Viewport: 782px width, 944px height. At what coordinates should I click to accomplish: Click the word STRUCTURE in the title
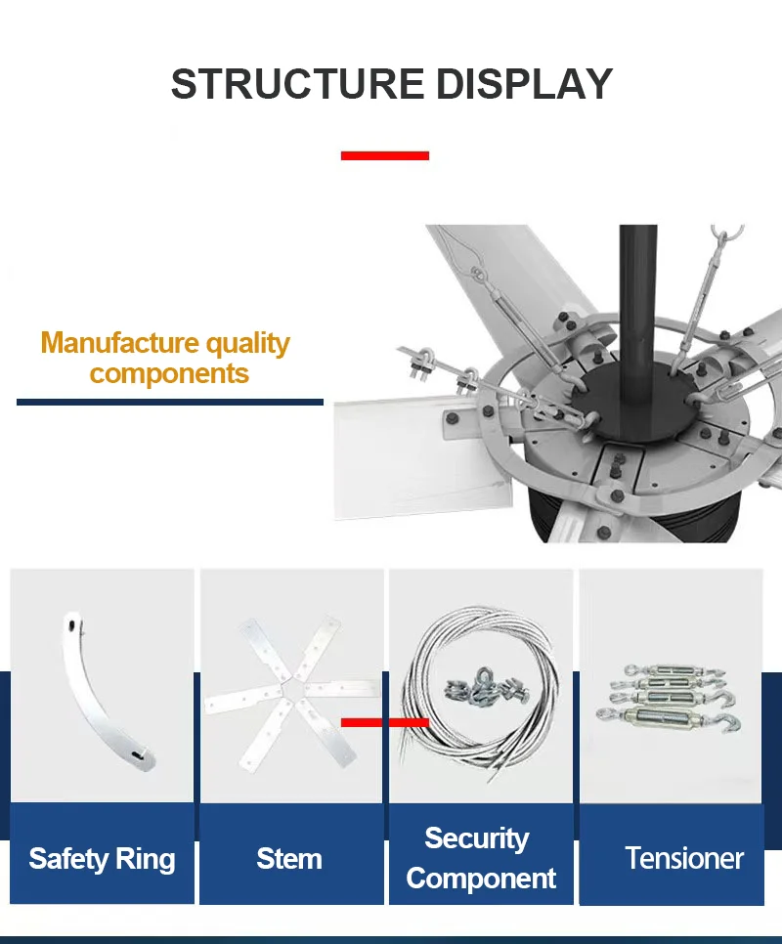coord(298,84)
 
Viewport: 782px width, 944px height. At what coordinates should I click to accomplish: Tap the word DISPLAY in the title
coord(524,84)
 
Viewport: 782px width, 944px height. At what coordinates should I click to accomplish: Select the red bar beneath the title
coord(385,155)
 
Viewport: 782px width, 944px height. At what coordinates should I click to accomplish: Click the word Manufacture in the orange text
coord(120,343)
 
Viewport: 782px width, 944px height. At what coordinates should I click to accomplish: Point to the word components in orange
coord(169,374)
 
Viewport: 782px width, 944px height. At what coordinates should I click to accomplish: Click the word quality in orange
coord(247,344)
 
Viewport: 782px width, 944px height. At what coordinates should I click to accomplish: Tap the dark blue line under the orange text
coord(170,403)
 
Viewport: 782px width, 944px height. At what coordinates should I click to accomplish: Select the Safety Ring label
coord(102,859)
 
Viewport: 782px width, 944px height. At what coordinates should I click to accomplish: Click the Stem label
coord(289,859)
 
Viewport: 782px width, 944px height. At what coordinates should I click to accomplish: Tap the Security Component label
coord(480,858)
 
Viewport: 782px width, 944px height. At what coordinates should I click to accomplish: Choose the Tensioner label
coord(684,858)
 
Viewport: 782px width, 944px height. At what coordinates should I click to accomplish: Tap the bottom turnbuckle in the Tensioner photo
coord(669,718)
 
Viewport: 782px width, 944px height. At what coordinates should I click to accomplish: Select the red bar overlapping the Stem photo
coord(385,722)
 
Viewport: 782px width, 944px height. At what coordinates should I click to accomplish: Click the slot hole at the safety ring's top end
coord(72,625)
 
